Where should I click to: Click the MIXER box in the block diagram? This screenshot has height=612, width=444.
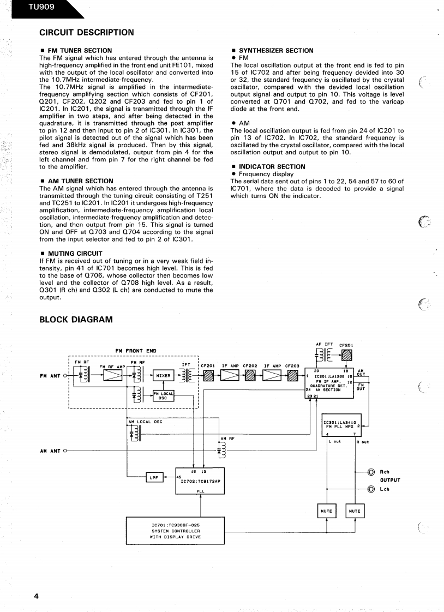163,375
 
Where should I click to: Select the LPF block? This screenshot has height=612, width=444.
154,477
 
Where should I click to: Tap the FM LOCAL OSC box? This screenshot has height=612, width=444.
163,396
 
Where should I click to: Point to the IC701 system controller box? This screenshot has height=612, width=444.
176,531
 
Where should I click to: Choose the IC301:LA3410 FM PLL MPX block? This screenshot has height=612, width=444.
341,425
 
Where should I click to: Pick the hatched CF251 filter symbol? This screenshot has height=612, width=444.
346,355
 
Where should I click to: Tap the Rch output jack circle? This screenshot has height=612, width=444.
371,472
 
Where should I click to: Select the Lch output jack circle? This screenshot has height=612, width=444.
371,489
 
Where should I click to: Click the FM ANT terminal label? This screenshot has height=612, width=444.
50,376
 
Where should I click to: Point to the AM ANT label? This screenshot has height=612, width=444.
50,451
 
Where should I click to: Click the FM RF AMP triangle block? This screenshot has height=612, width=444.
113,375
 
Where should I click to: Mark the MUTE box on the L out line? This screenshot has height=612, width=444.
326,511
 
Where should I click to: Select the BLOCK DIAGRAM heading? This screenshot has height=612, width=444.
76,320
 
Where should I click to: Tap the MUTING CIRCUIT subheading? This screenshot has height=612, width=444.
75,254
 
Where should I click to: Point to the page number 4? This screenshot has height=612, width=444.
36,596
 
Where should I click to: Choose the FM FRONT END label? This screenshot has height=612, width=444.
136,351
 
